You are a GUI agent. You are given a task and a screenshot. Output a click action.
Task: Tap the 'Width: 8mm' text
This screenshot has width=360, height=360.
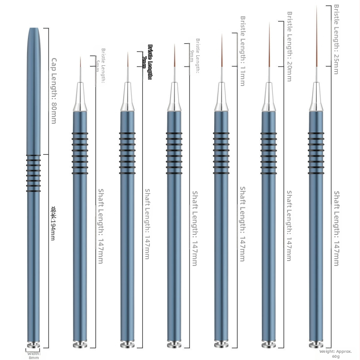[34, 355]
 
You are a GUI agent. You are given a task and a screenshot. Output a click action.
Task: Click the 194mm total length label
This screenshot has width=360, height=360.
[53, 223]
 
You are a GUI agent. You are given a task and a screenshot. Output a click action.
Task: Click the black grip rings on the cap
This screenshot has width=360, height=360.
[33, 173]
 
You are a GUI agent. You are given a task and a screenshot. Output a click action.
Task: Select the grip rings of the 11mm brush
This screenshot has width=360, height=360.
[221, 153]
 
